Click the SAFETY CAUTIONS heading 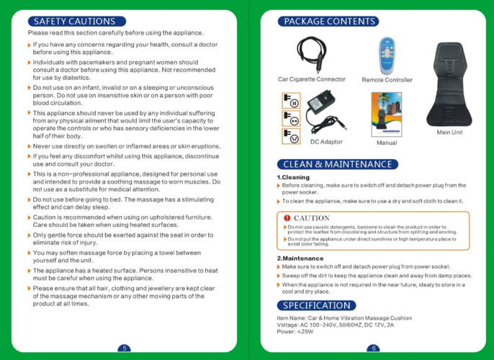pos(75,22)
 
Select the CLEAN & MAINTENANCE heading pos(337,164)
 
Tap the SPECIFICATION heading pos(316,305)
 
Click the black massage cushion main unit pos(449,84)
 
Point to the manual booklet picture pos(387,114)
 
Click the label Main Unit pos(449,132)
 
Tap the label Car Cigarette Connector pos(312,79)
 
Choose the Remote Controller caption pos(387,80)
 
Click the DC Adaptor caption pos(326,142)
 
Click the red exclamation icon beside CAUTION pos(287,218)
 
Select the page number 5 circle pos(124,348)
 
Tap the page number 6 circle pos(374,348)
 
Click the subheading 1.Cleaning pos(293,177)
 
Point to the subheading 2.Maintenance pos(300,258)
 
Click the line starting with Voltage pos(336,325)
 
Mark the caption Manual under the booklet pos(387,143)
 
